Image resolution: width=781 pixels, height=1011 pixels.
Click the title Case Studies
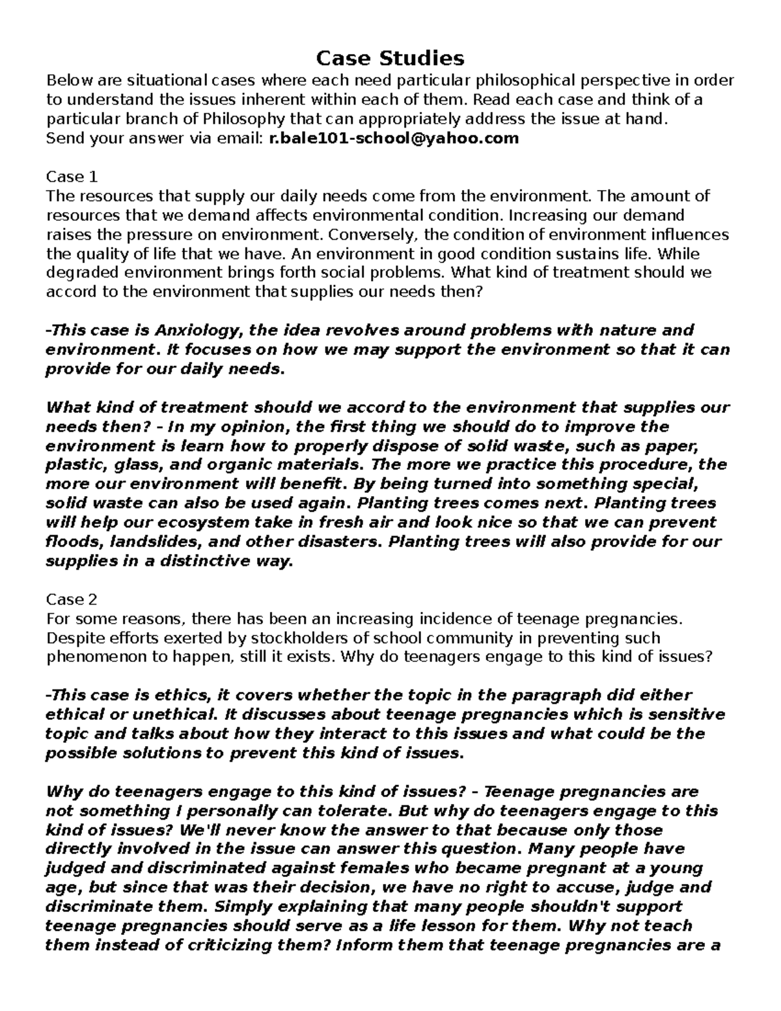(x=390, y=59)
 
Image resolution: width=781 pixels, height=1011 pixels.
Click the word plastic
(x=68, y=465)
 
